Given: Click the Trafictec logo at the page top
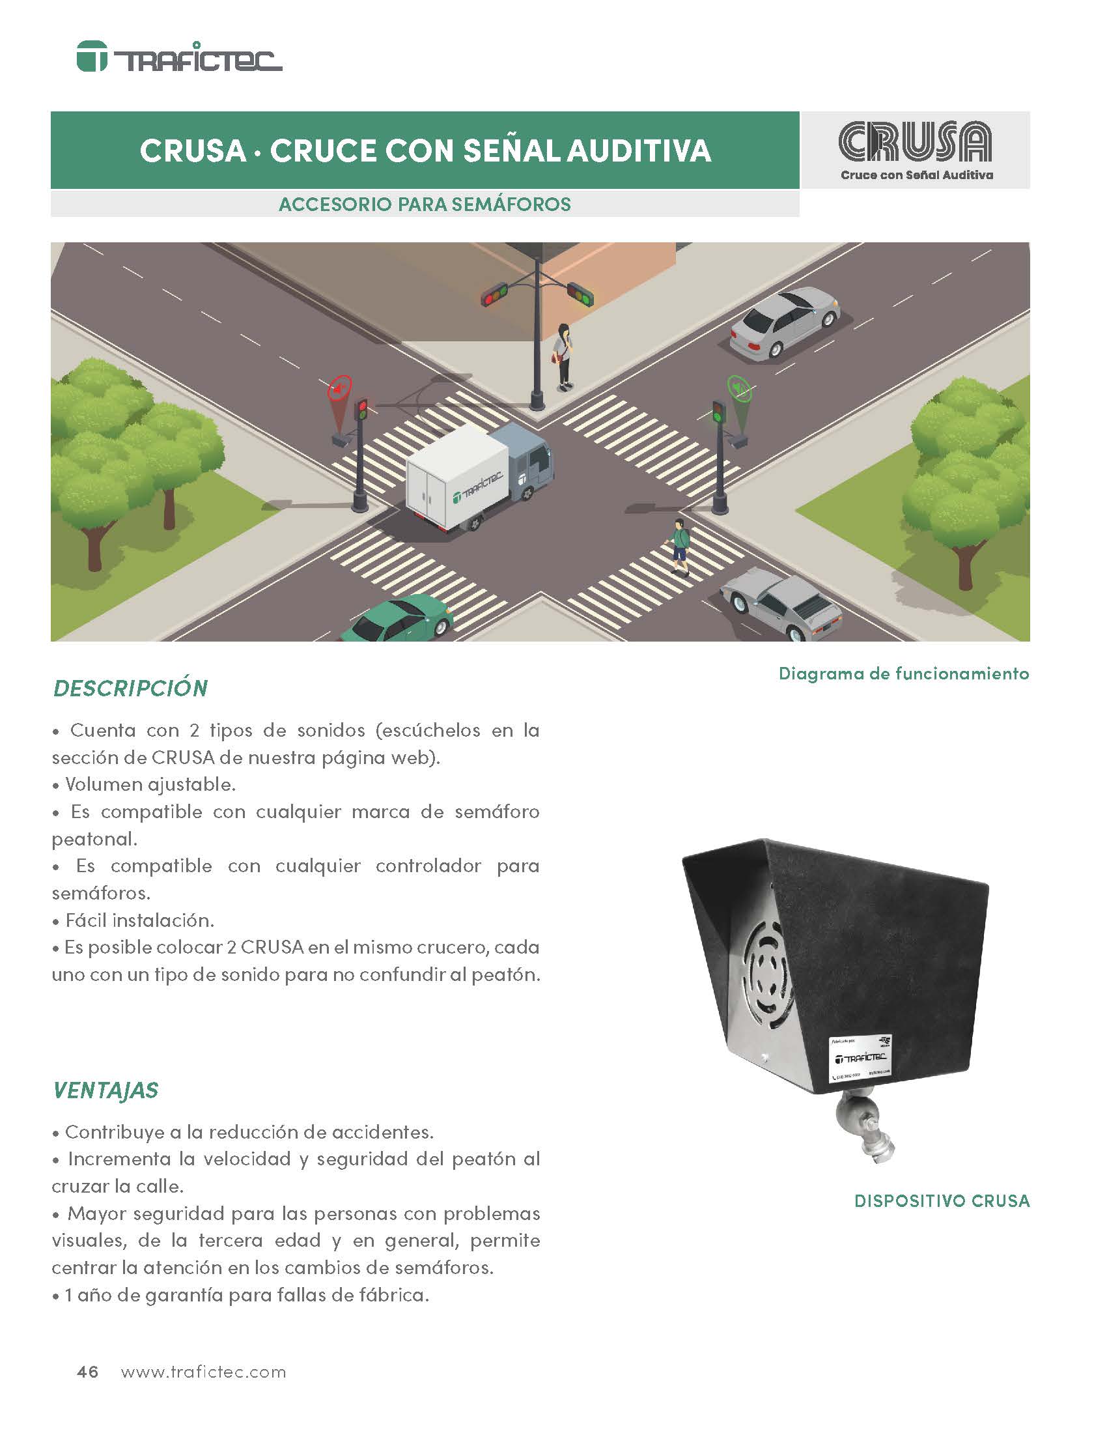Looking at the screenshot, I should click(x=179, y=58).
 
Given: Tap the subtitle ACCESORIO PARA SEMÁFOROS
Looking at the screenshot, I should click(x=425, y=204).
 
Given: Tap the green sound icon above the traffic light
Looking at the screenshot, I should click(x=739, y=388).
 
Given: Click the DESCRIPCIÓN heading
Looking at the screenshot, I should click(x=130, y=688).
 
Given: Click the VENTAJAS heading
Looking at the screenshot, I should click(x=105, y=1090).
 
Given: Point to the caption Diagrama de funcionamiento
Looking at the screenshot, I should click(x=903, y=674).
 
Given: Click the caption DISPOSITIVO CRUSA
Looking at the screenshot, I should click(x=941, y=1201).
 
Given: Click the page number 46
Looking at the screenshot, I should click(x=88, y=1372).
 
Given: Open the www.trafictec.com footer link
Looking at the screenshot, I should click(x=203, y=1372).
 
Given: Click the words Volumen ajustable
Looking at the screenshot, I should click(x=150, y=784).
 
